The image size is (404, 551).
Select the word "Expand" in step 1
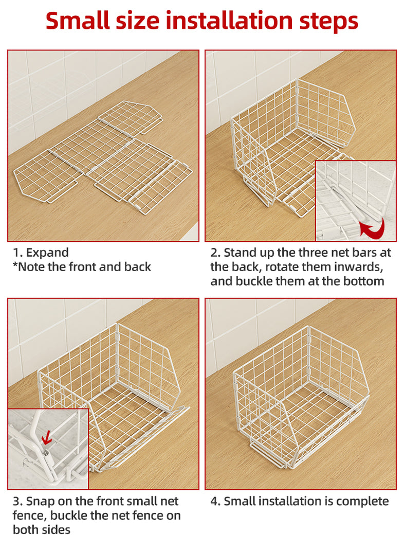[x=47, y=253]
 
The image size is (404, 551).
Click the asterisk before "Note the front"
[x=15, y=265]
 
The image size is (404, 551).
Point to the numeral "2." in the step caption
[x=215, y=253]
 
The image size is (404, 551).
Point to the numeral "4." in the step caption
[x=215, y=502]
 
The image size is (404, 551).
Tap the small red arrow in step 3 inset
[x=46, y=438]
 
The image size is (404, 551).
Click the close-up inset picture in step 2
[x=356, y=201]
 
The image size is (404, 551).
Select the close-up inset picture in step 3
[x=48, y=449]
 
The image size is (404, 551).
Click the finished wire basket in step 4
[x=301, y=397]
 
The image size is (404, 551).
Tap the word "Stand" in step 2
[x=241, y=253]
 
